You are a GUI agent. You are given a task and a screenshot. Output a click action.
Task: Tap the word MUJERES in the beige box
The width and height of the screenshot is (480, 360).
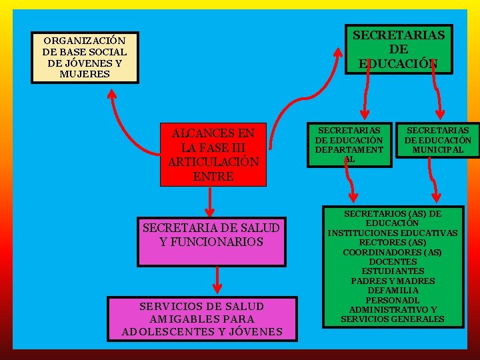[x=85, y=73]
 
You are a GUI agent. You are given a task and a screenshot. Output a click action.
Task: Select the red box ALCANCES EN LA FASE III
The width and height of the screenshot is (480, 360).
[x=213, y=154]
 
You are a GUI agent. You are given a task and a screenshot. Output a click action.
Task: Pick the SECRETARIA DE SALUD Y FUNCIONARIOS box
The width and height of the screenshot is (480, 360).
[x=211, y=235]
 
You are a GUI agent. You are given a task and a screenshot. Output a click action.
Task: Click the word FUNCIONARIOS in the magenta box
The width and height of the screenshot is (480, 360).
[x=211, y=242]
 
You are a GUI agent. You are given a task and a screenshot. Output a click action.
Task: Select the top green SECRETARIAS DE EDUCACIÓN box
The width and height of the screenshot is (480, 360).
[x=399, y=49]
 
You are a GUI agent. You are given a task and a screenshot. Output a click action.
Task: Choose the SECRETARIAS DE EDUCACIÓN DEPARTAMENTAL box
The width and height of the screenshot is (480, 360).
[x=349, y=145]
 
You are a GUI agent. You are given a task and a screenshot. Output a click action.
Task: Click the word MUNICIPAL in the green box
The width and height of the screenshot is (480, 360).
[x=437, y=150]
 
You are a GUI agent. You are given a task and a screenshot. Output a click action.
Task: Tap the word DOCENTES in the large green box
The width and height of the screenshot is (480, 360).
[x=392, y=262]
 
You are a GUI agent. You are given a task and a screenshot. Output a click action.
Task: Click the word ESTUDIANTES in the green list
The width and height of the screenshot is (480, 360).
[x=392, y=271]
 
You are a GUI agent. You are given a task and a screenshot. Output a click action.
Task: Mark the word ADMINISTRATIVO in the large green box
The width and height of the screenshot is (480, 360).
[x=393, y=309]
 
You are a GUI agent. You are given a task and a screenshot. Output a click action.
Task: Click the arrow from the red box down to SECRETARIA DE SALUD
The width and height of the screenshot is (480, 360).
[x=211, y=201]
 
